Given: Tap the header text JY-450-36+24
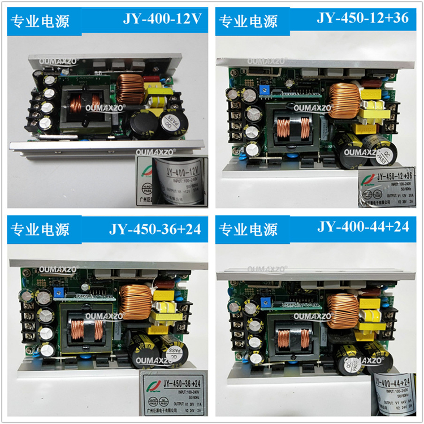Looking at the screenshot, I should [x=155, y=230].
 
